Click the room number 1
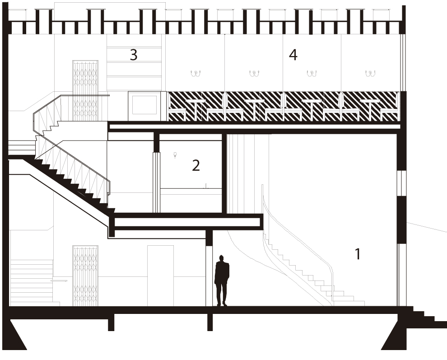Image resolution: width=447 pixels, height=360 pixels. point(358,254)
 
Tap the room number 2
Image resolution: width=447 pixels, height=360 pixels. point(196,165)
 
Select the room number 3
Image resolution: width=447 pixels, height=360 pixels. point(134,55)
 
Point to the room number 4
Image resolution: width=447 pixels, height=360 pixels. point(293,55)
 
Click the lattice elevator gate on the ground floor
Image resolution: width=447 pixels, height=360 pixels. point(85,276)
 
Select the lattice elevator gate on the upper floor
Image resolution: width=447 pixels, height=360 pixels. point(85,90)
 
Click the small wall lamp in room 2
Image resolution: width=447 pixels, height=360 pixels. point(175,155)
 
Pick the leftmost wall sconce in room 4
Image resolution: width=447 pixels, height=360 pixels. point(196,74)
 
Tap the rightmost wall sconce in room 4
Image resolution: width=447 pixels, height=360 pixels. point(370,74)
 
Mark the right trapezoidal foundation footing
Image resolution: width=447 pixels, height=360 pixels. point(395,334)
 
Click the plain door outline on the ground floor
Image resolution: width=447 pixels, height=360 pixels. point(160,276)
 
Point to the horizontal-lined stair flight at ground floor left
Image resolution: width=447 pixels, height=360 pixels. point(32,282)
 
